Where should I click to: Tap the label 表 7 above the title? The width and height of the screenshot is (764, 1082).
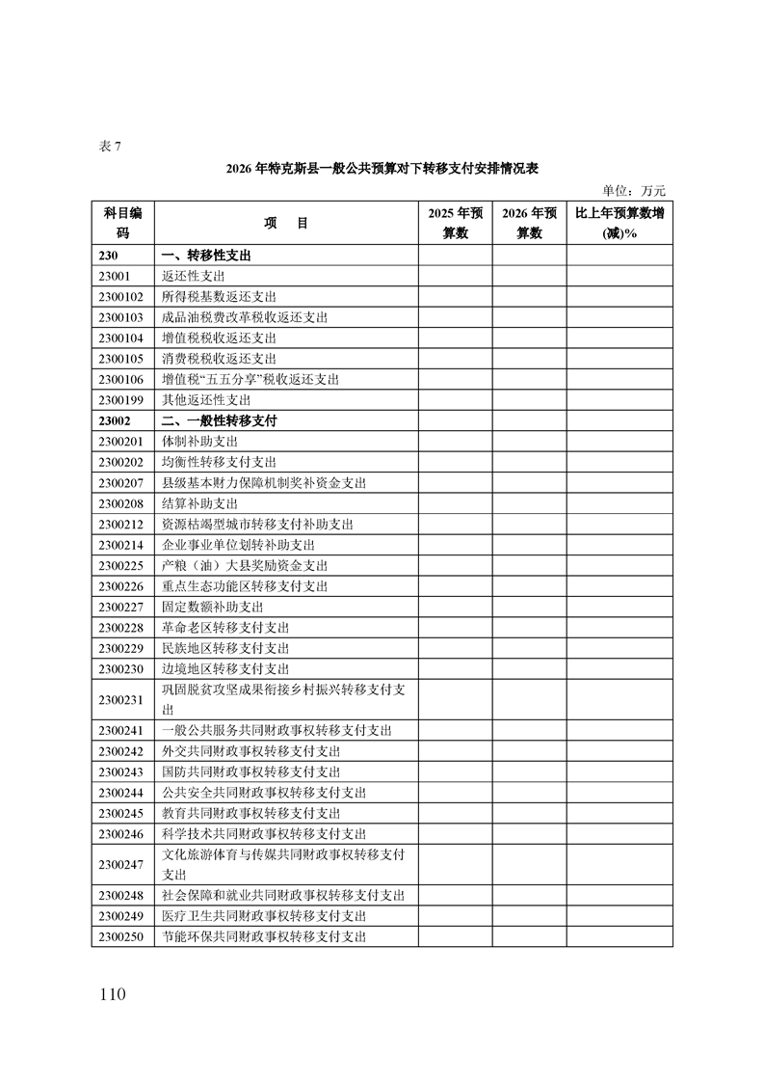pos(110,147)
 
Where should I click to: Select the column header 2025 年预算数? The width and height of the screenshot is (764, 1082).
pos(455,223)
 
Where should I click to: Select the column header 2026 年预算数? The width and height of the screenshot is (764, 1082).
pos(529,223)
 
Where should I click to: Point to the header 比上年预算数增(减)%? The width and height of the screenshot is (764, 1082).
pos(619,223)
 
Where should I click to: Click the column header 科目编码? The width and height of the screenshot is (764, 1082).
pos(122,223)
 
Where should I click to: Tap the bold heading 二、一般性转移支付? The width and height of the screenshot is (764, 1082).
pos(219,420)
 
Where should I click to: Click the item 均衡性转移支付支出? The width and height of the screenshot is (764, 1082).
pos(219,462)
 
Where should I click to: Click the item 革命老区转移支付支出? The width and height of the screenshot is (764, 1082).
pos(225,628)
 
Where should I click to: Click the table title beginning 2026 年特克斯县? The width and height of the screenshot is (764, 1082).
pos(382,168)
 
